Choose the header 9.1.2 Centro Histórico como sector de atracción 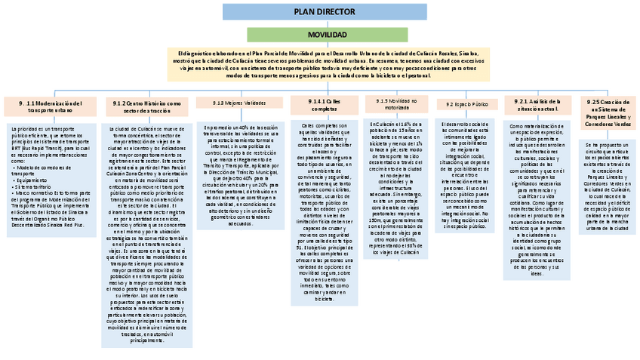[146, 106]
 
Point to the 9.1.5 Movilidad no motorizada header [391, 104]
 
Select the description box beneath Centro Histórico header [147, 234]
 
